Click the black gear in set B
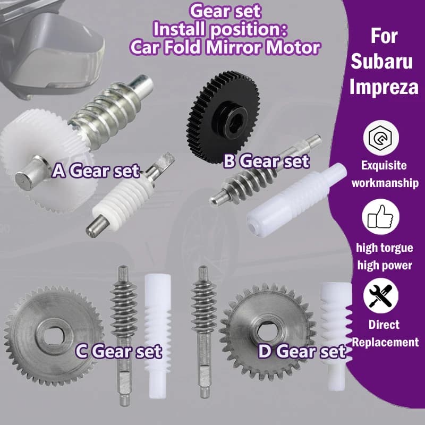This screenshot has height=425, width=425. [x=222, y=116]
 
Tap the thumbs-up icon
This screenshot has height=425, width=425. [x=380, y=217]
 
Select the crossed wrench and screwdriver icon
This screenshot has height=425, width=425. [x=380, y=295]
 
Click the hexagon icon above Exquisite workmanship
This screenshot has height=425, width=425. [x=381, y=138]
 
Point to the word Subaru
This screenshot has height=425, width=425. [x=381, y=61]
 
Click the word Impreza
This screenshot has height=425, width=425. [x=384, y=87]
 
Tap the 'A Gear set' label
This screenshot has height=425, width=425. [x=96, y=171]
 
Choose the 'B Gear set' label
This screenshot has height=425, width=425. [x=266, y=161]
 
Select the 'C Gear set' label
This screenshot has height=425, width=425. [x=118, y=351]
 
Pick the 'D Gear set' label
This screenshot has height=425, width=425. [x=302, y=351]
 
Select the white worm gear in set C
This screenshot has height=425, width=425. [x=158, y=336]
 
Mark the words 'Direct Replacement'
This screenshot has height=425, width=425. [x=385, y=334]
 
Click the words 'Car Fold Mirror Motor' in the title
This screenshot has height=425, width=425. [x=225, y=47]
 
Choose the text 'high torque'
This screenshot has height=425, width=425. [x=384, y=248]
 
